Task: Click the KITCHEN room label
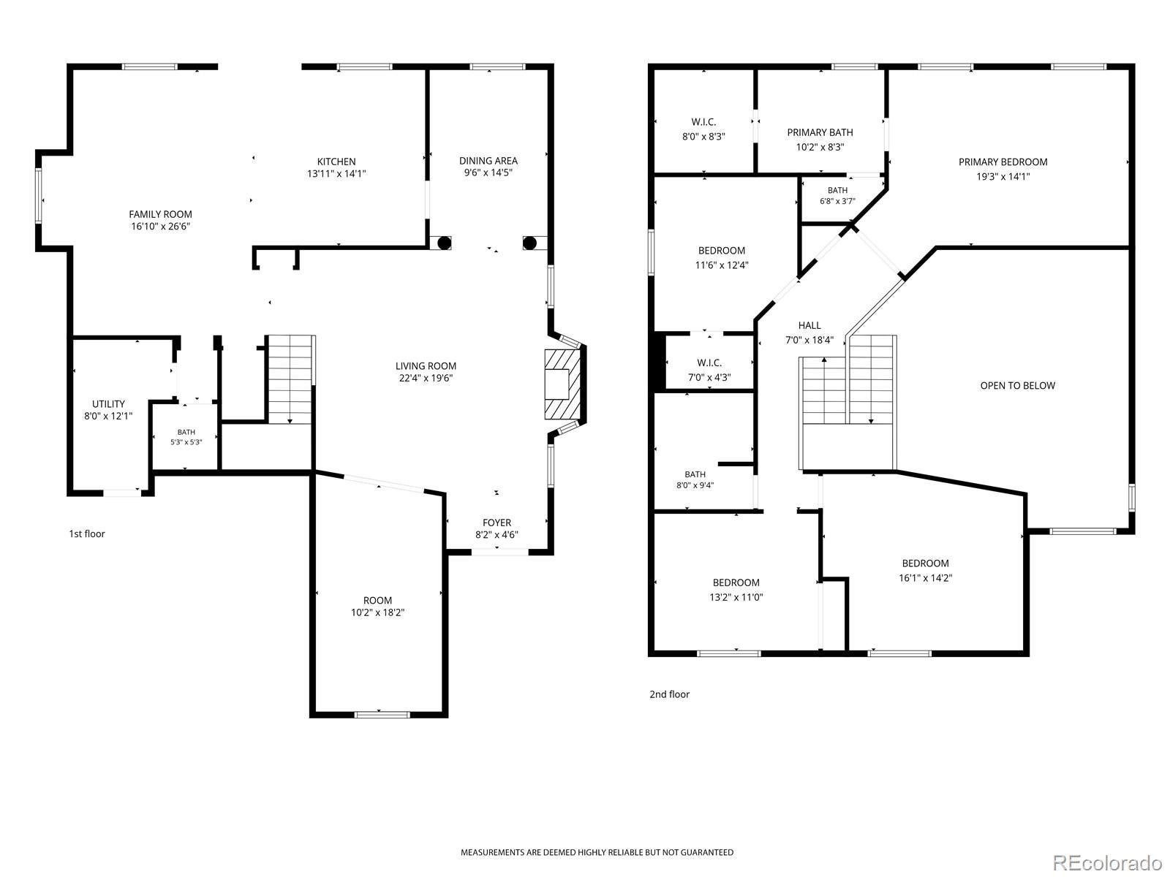[x=336, y=162]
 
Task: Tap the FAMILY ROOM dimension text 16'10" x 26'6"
[x=160, y=227]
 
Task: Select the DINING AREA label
[x=488, y=160]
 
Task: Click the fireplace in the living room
[x=562, y=384]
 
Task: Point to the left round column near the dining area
[x=444, y=243]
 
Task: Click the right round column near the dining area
[x=529, y=243]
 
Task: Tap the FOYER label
[x=497, y=523]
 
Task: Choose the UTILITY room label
[x=108, y=403]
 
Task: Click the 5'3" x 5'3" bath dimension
[x=186, y=442]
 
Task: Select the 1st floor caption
[x=87, y=534]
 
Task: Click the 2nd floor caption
[x=670, y=694]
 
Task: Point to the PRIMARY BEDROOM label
[x=1003, y=162]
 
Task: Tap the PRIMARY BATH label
[x=820, y=132]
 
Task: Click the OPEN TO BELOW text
[x=1018, y=386]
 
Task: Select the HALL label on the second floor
[x=809, y=325]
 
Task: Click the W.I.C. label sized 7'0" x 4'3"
[x=709, y=362]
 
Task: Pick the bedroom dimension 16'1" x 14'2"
[x=925, y=578]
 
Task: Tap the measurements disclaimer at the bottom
[x=597, y=852]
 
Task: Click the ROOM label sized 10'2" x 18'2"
[x=377, y=600]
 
